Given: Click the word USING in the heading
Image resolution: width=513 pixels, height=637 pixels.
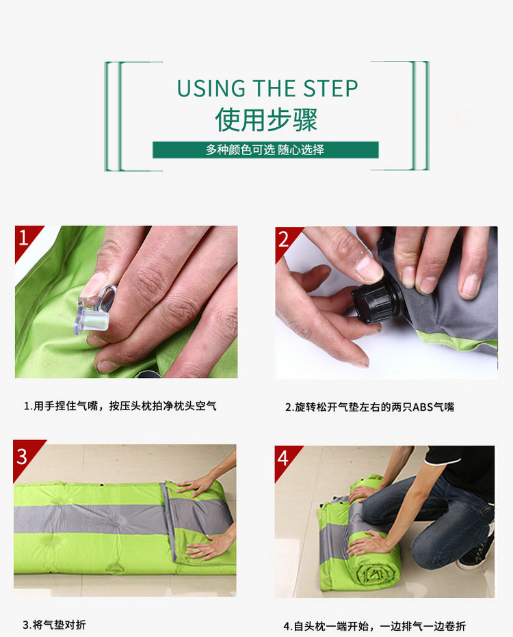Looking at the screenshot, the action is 211,89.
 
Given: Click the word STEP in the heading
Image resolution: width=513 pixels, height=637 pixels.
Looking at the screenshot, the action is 330,89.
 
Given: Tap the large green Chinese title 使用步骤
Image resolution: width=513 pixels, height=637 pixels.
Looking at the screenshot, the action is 266,120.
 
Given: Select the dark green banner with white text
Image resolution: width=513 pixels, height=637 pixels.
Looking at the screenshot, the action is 265,150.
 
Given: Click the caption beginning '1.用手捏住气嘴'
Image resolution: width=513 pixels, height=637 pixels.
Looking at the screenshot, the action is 120,405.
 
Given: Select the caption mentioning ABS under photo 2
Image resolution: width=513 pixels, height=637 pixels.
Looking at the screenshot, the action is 369,407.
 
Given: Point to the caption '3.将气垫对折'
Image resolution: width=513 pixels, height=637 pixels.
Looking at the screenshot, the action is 54,625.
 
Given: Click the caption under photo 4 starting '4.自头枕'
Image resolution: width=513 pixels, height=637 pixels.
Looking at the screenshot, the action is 374,626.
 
